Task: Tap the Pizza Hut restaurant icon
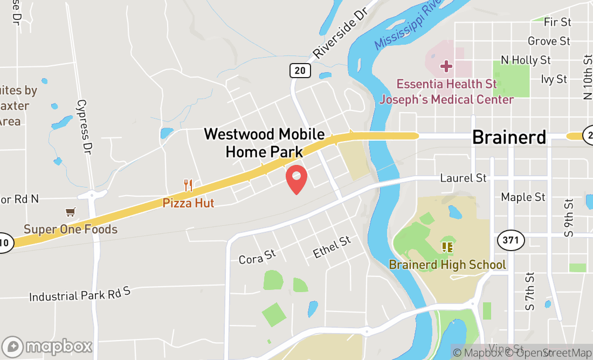pyautogui.click(x=188, y=185)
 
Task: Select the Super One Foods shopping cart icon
pyautogui.click(x=70, y=212)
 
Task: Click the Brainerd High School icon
pyautogui.click(x=447, y=247)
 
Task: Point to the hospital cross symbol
pyautogui.click(x=446, y=66)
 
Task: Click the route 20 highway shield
pyautogui.click(x=300, y=70)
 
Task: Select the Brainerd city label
pyautogui.click(x=509, y=137)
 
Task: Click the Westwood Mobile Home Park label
pyautogui.click(x=264, y=143)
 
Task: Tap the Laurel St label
pyautogui.click(x=463, y=178)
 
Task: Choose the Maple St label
pyautogui.click(x=523, y=197)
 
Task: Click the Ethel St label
pyautogui.click(x=332, y=247)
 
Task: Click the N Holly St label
pyautogui.click(x=526, y=60)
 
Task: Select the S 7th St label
pyautogui.click(x=530, y=292)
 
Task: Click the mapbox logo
pyautogui.click(x=47, y=346)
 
